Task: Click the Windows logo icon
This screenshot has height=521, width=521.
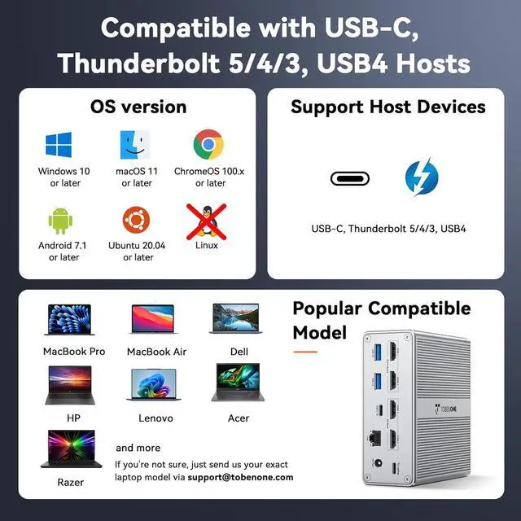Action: tap(59, 145)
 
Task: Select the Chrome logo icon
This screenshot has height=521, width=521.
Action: tap(208, 145)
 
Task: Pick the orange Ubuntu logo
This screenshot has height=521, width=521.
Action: tap(137, 220)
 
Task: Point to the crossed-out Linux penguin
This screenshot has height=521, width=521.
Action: tap(207, 218)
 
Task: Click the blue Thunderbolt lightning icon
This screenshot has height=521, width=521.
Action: tap(422, 177)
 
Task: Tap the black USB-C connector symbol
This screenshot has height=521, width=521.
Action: tap(350, 177)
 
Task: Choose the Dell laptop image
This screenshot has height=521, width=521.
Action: tap(235, 320)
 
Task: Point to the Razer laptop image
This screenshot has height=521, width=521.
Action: tap(71, 450)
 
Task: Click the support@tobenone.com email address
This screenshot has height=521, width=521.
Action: tap(240, 477)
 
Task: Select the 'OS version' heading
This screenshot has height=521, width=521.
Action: tap(138, 107)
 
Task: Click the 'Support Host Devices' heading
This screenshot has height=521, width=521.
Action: tap(387, 107)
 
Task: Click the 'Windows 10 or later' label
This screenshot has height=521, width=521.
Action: tap(64, 177)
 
